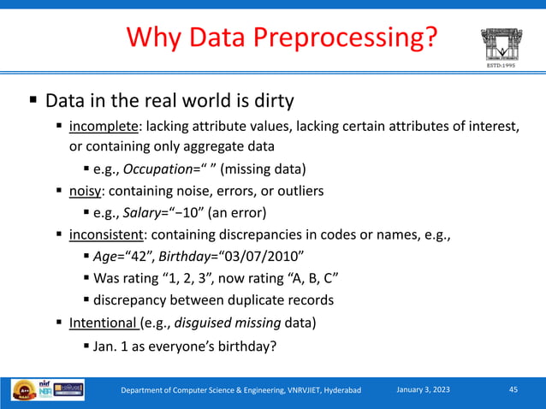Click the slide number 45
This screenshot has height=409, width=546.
(513, 390)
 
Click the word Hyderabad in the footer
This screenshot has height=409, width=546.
(339, 391)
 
